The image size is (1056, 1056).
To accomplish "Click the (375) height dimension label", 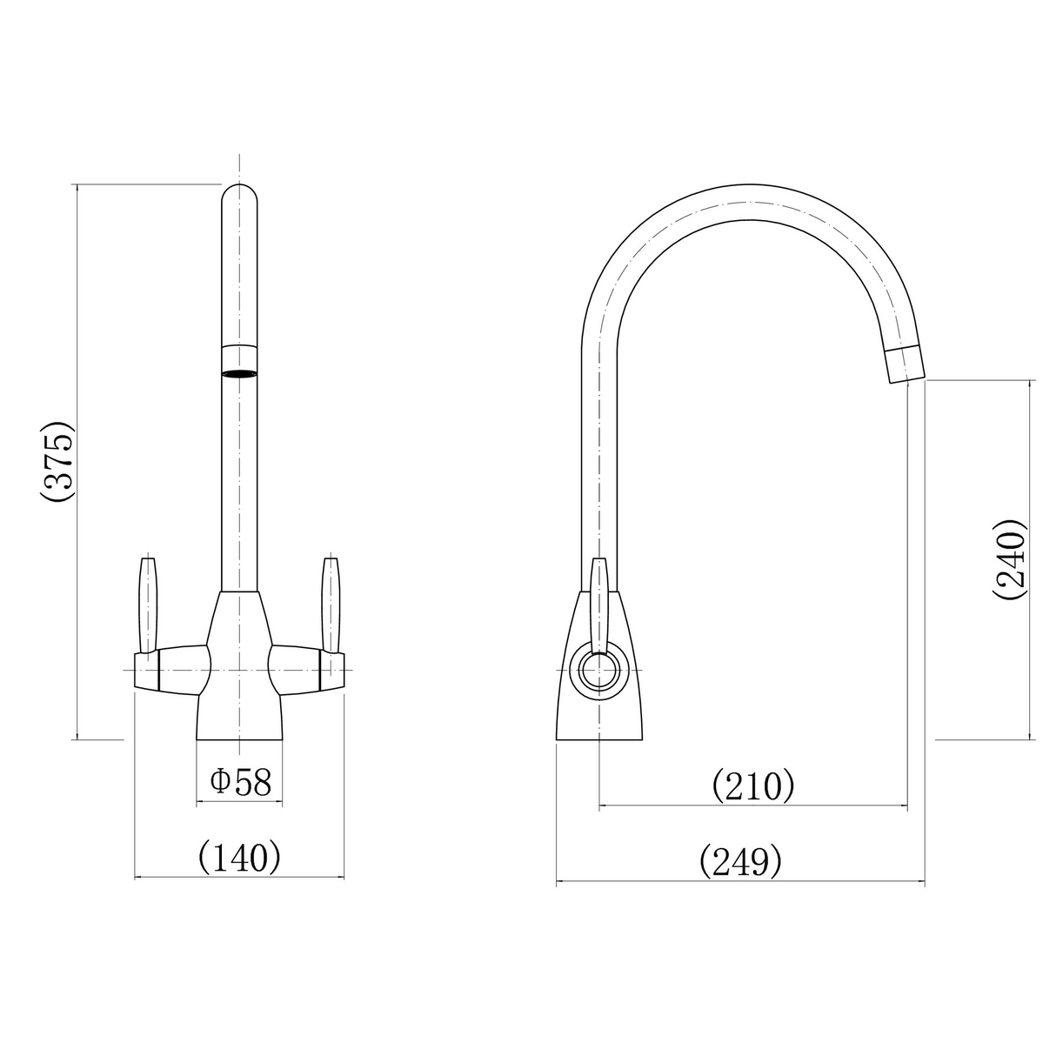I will click(x=57, y=463).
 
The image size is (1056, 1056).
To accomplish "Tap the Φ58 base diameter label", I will click(x=241, y=782).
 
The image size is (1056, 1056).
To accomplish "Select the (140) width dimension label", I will click(x=240, y=858).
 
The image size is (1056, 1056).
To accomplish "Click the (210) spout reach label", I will click(x=753, y=785).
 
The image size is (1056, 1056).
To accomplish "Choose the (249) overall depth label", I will click(x=740, y=862).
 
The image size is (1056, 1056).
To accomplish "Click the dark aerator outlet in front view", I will click(x=240, y=374).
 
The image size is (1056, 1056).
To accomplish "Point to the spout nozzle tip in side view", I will click(x=904, y=363).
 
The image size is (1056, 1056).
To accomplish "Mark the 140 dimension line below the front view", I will click(x=240, y=879).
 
